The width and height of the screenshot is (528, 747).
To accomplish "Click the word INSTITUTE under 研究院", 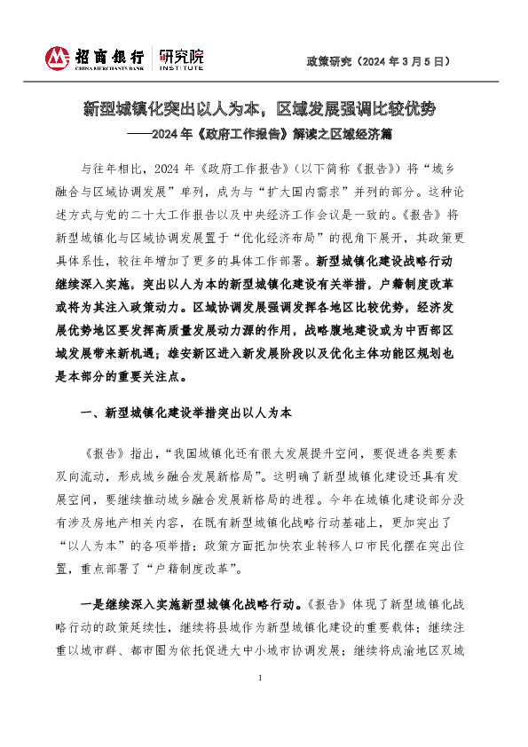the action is tap(181, 67).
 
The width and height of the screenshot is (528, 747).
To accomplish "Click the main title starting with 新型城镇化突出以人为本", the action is tap(261, 110).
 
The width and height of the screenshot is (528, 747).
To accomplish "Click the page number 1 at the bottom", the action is tap(261, 679).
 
